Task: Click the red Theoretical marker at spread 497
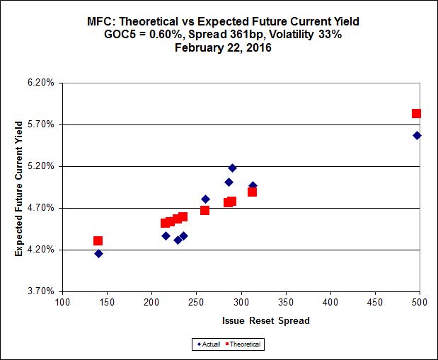coord(417,113)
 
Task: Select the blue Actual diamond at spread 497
coord(417,135)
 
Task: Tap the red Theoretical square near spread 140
coord(98,241)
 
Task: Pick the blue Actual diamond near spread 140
coord(98,253)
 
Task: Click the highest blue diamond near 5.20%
coord(232,168)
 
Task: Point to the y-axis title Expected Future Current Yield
coord(19,187)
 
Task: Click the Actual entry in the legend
coord(207,344)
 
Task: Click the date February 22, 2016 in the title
coord(219,47)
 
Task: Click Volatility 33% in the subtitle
coord(309,34)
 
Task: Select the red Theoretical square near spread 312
coord(252,192)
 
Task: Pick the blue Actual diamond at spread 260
coord(205,199)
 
